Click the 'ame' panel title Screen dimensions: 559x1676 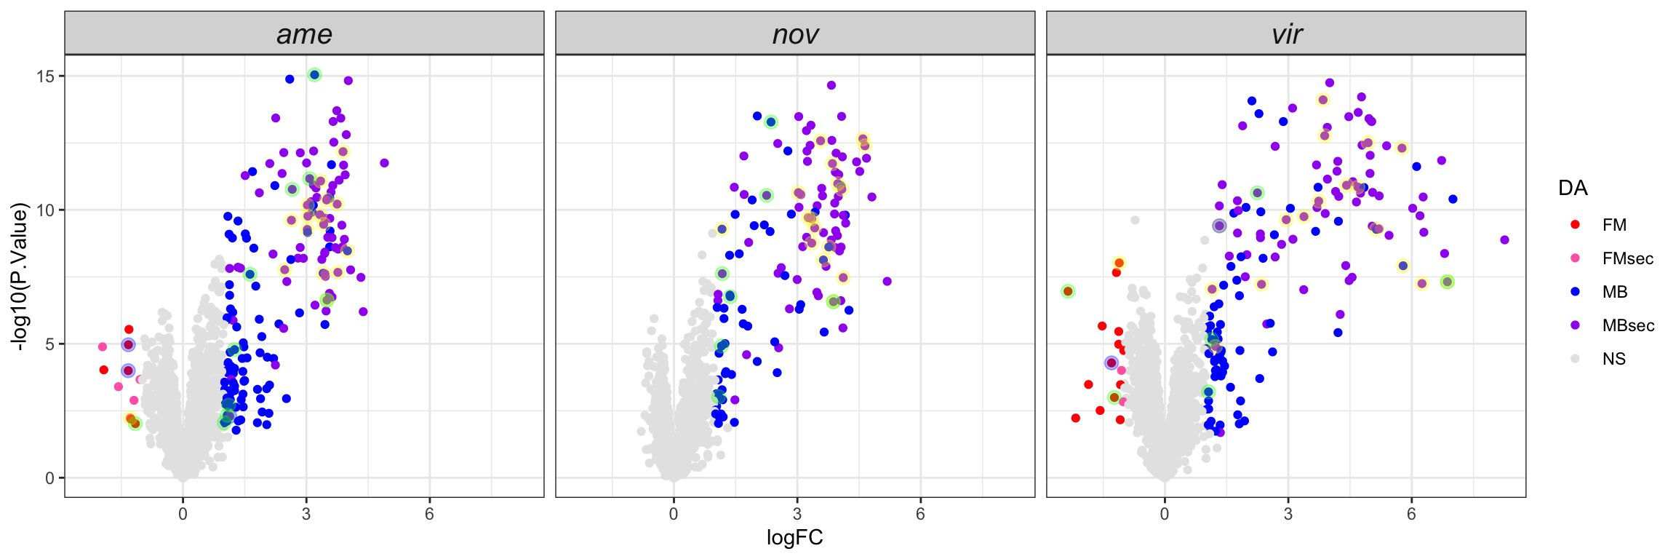(x=304, y=34)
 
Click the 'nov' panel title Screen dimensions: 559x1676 (x=795, y=34)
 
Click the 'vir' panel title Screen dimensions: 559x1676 (x=1286, y=34)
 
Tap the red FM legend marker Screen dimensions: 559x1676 (x=1576, y=225)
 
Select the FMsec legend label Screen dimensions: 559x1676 (x=1627, y=258)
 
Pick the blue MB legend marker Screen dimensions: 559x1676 (x=1576, y=292)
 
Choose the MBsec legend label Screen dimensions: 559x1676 (x=1628, y=325)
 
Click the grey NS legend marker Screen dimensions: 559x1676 (x=1576, y=359)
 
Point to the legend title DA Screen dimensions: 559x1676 (x=1573, y=189)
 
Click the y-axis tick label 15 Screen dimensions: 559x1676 (x=46, y=76)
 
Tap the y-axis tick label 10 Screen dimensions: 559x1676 (x=46, y=210)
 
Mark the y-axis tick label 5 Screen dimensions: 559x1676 (x=49, y=344)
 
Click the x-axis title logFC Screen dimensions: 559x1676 (x=795, y=538)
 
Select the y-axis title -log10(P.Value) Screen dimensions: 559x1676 (x=20, y=277)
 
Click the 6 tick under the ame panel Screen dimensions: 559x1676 (x=429, y=514)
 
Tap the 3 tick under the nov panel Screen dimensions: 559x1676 (x=797, y=514)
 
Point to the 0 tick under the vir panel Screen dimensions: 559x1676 (x=1165, y=514)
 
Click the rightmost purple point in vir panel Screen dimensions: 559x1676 (x=1504, y=240)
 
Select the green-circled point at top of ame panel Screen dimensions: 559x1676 (x=314, y=75)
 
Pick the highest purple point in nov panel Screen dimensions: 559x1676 (x=831, y=85)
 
